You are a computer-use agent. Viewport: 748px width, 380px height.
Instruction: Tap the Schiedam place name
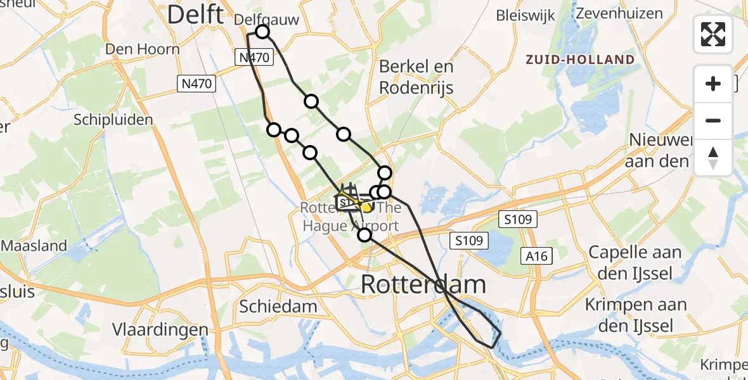coord(278,307)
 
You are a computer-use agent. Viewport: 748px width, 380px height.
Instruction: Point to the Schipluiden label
coord(113,120)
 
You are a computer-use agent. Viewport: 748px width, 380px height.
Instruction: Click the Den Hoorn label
coord(143,49)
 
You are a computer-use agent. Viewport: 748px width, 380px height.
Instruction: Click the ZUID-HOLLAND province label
coord(580,60)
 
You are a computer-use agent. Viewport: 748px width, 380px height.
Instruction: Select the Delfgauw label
coord(266,20)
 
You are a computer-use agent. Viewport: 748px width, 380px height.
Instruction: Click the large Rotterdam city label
coord(423,284)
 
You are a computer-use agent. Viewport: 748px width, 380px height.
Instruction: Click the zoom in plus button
coord(713,84)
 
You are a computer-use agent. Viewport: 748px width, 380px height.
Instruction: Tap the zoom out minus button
coord(713,120)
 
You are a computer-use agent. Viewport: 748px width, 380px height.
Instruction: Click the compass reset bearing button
coord(713,157)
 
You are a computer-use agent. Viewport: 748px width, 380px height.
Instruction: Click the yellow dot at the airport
coord(366,207)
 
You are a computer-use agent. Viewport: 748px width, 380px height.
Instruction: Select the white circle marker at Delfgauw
coord(262,32)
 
